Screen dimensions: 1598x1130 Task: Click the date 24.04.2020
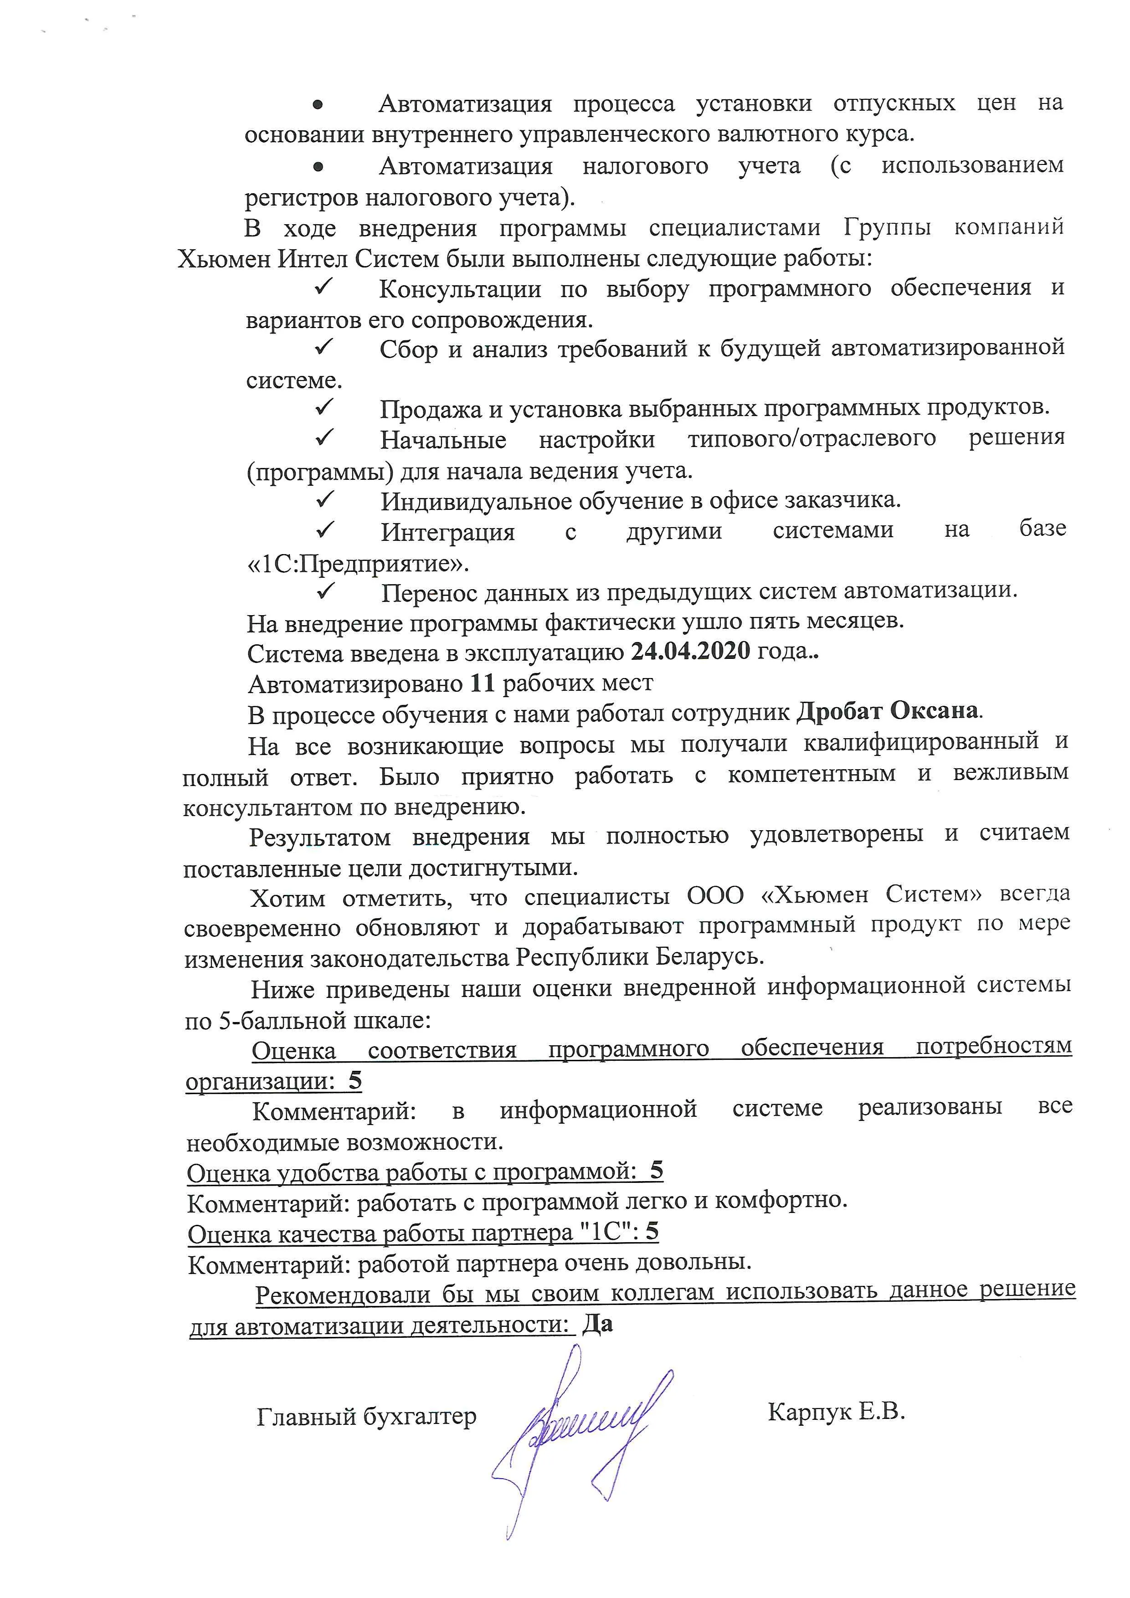point(690,652)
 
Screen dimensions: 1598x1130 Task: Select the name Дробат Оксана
point(887,712)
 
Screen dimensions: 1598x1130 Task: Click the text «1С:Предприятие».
point(358,562)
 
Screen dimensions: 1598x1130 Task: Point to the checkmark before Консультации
point(324,287)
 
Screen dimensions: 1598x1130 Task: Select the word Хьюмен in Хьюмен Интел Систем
point(224,259)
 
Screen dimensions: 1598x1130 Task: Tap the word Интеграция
point(447,532)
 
